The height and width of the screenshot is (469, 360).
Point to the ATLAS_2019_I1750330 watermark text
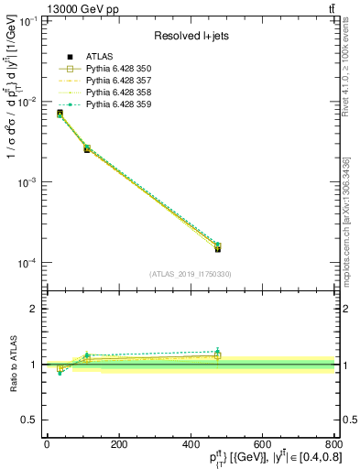(190, 274)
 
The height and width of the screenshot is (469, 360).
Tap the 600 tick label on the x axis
(262, 445)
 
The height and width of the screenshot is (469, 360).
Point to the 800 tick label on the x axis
(332, 445)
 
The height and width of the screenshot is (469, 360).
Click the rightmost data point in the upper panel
(217, 247)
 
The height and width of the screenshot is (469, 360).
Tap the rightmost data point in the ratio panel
(217, 353)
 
